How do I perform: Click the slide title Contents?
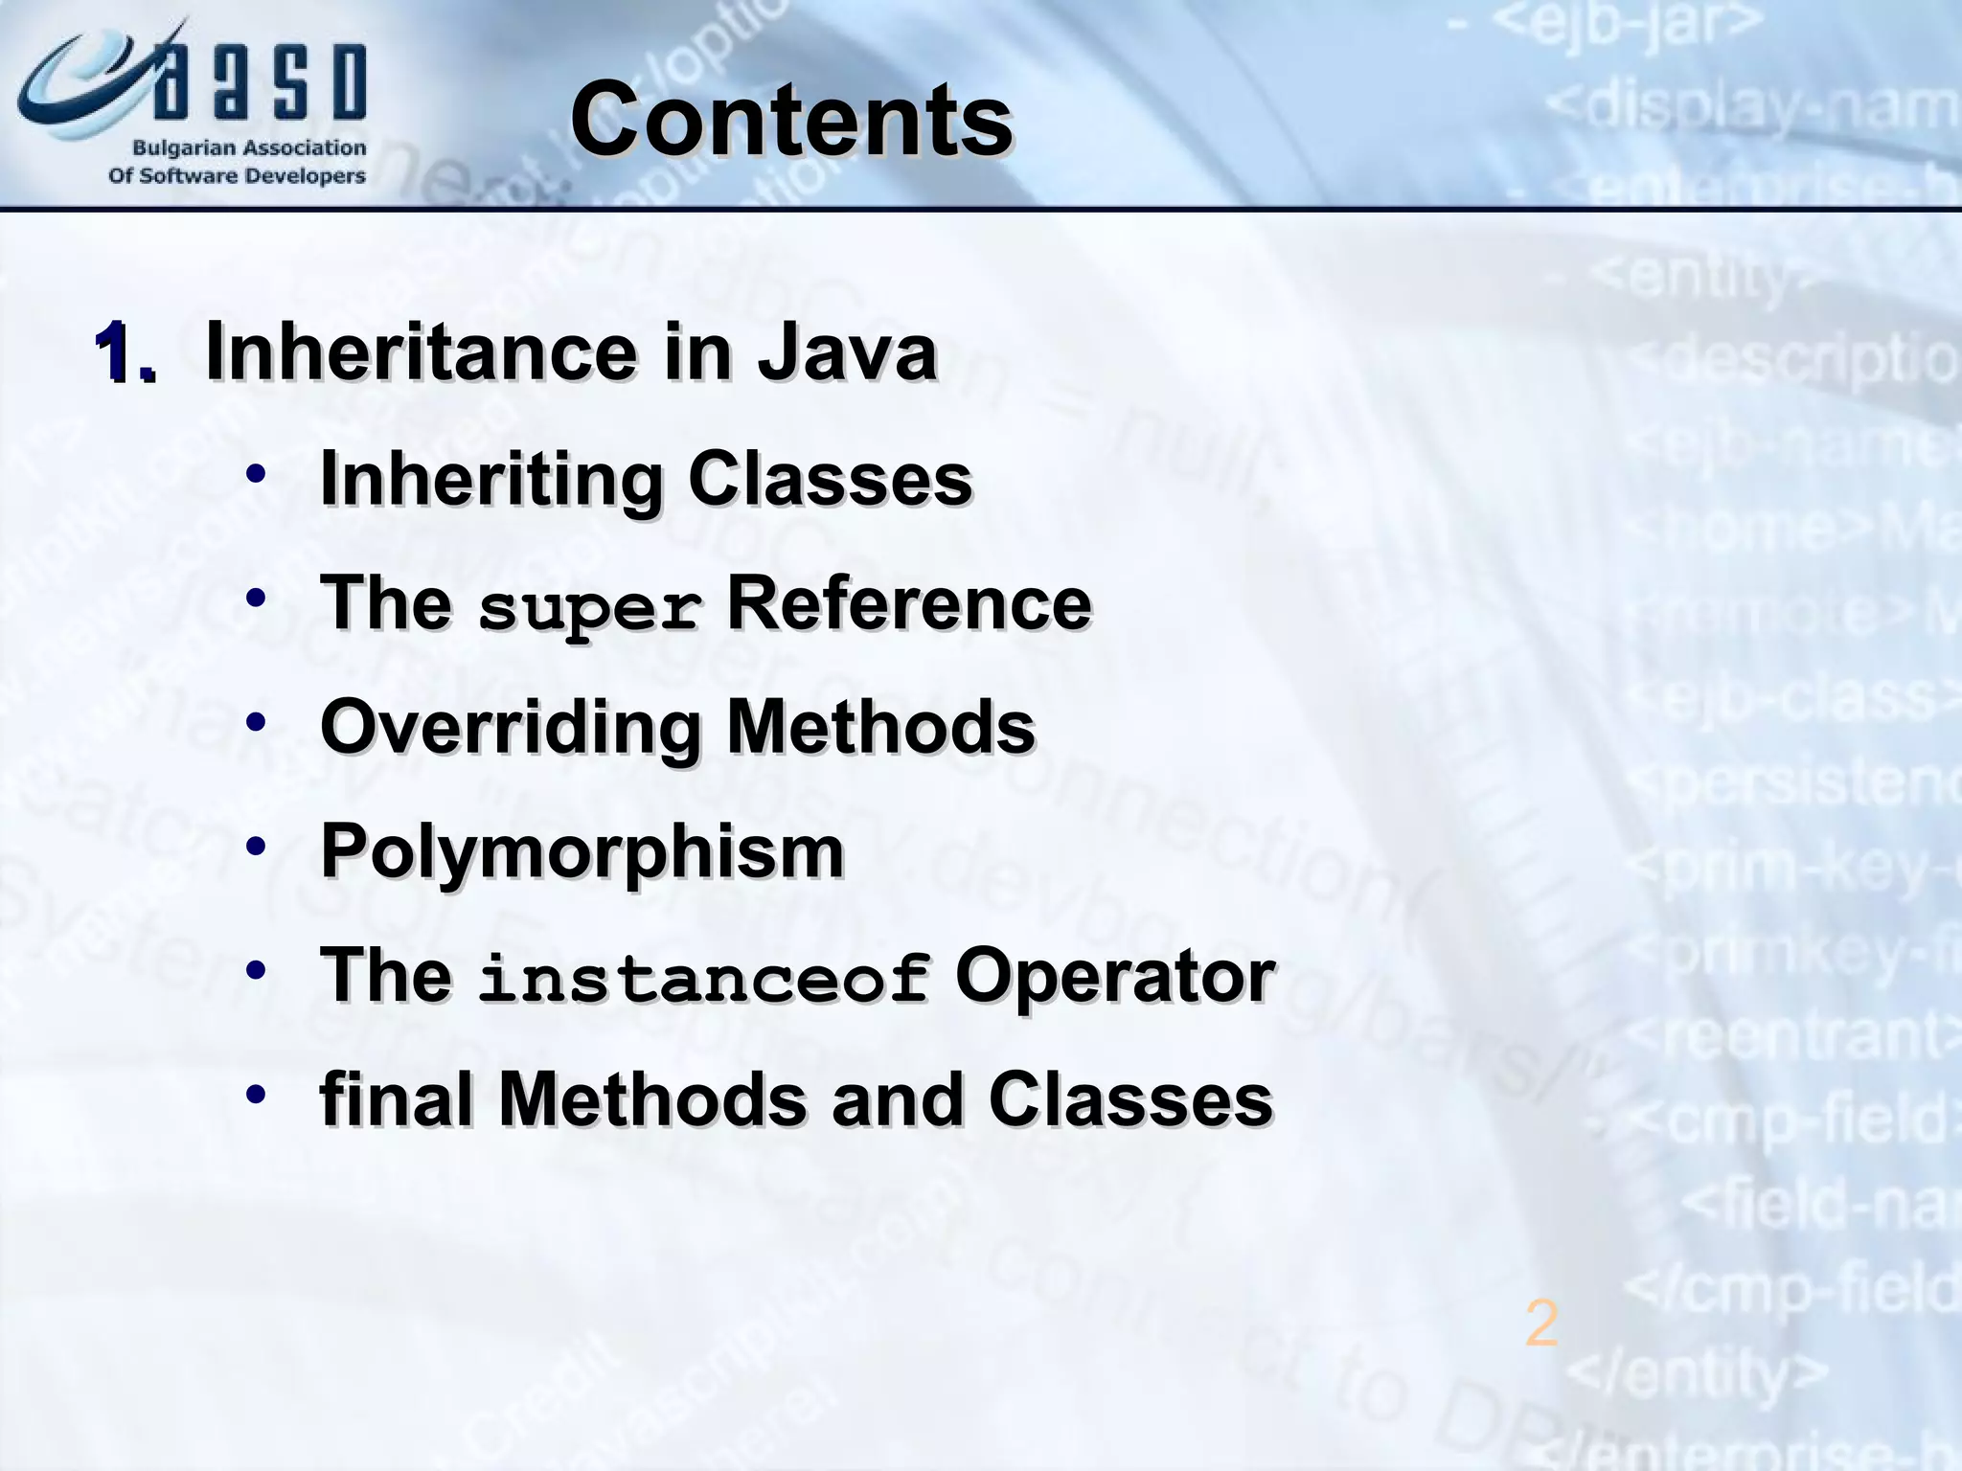pos(791,120)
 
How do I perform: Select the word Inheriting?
pos(491,479)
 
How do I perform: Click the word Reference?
pos(908,603)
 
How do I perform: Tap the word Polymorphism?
pos(582,851)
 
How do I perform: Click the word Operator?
pos(1114,976)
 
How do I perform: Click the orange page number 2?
pos(1541,1324)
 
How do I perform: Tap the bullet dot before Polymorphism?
pos(255,847)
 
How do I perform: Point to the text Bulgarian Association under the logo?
pos(248,148)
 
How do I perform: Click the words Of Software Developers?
pos(237,176)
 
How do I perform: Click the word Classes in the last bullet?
pos(1129,1098)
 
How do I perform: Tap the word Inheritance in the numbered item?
pos(422,352)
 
